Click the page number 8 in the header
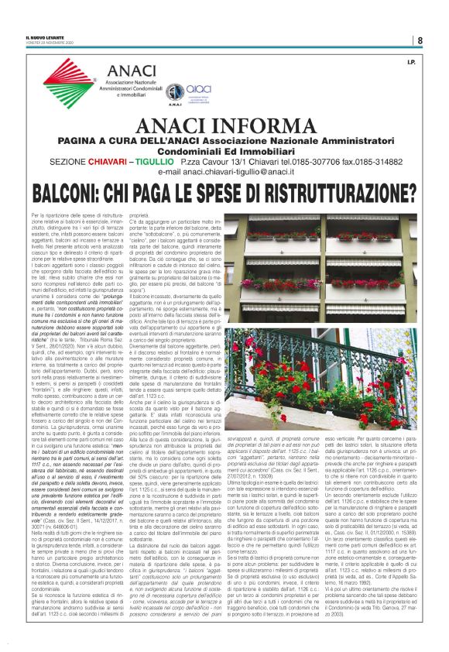click(420, 40)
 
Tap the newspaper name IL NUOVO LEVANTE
click(44, 37)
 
